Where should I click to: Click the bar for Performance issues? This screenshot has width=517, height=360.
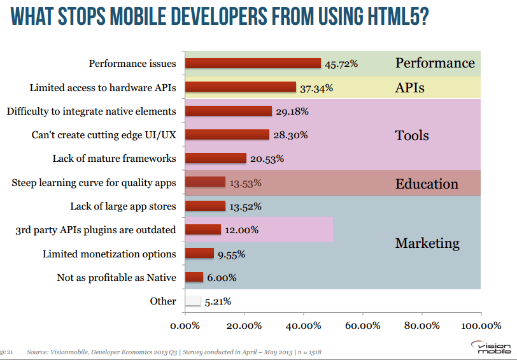coord(253,63)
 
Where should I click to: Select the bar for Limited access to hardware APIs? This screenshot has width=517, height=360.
coord(241,87)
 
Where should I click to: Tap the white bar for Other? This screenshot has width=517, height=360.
coord(193,301)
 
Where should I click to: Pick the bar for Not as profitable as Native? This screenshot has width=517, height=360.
coord(194,277)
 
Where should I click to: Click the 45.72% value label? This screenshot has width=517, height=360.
coord(341,64)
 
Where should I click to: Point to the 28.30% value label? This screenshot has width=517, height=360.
coord(290,135)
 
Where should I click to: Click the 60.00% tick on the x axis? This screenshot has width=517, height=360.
coord(362,326)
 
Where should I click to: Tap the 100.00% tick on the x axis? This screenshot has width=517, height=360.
coord(481,326)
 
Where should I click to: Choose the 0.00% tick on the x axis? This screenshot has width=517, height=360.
coord(185,326)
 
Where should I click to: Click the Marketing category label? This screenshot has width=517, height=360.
coord(427,243)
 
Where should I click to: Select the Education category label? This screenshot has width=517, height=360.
coord(427,184)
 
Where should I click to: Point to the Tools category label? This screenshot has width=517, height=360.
coord(412,135)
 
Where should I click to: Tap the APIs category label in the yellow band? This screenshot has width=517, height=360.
coord(409,87)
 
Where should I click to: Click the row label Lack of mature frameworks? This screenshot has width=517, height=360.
coord(115,159)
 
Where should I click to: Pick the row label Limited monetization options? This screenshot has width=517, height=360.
coord(109,254)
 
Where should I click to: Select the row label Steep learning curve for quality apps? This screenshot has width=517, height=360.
coord(94,183)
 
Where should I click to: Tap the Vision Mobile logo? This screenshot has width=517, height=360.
coord(490,347)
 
